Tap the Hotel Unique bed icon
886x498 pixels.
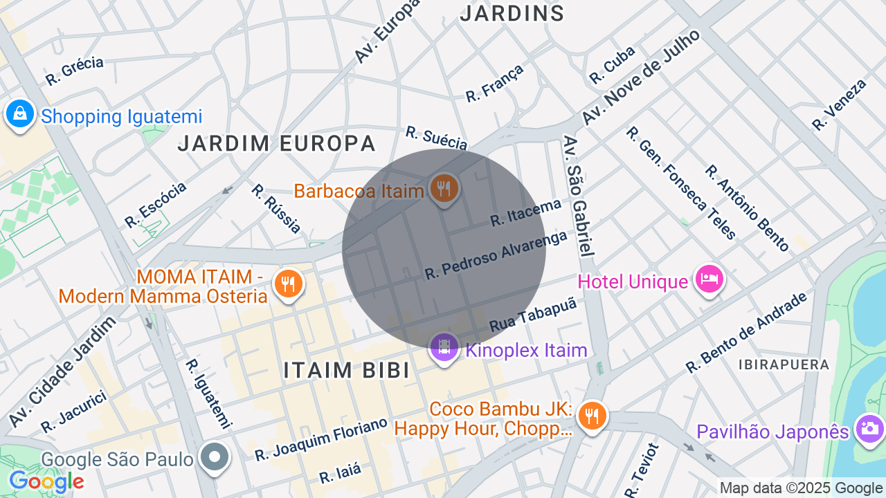[x=709, y=279]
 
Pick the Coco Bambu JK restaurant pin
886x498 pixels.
[x=592, y=416]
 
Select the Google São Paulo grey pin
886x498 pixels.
[x=215, y=456]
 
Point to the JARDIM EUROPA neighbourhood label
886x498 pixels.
[x=276, y=144]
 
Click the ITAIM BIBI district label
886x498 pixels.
[x=346, y=370]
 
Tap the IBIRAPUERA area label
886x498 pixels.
[x=784, y=365]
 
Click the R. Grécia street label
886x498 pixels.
[x=75, y=71]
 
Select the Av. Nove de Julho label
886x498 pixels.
[x=640, y=77]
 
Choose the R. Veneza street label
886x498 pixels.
[x=839, y=104]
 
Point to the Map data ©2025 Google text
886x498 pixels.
[x=802, y=488]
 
